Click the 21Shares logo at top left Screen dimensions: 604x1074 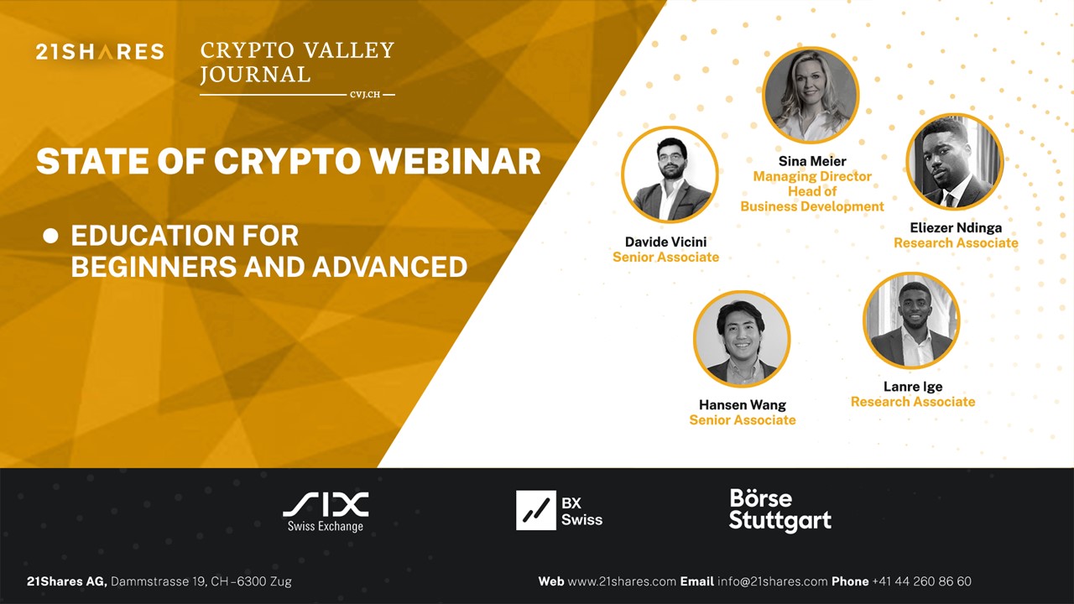click(x=100, y=52)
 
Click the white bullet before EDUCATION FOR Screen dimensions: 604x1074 click(x=51, y=237)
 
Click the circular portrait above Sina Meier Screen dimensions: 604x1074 click(x=811, y=95)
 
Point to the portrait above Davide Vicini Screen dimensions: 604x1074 click(x=670, y=174)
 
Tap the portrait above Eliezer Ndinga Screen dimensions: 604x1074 click(x=955, y=162)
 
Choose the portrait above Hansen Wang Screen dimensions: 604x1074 click(x=742, y=339)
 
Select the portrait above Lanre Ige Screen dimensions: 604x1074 click(x=911, y=320)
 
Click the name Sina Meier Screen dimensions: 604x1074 click(x=812, y=161)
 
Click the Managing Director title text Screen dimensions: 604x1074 click(x=812, y=176)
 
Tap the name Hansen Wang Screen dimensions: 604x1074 click(x=743, y=405)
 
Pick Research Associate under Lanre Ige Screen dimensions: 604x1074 click(x=913, y=402)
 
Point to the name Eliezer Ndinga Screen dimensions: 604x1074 click(x=956, y=228)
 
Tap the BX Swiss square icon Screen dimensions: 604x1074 click(x=536, y=510)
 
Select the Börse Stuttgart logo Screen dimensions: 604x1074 click(x=779, y=510)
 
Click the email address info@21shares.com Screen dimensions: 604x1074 click(x=771, y=581)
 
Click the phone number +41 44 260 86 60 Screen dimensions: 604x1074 click(x=921, y=581)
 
